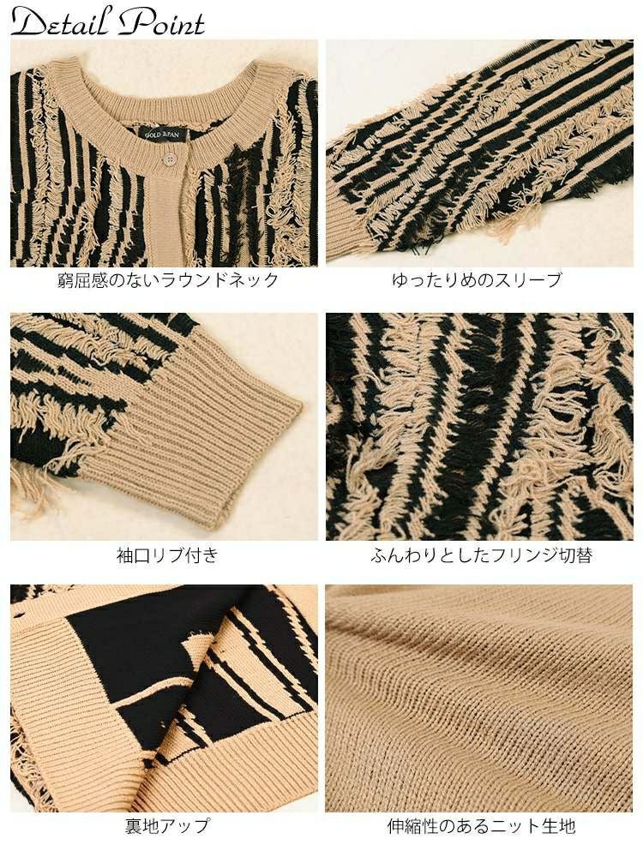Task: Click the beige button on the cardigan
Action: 169,158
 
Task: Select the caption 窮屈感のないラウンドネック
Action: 164,280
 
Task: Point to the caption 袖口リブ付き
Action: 167,555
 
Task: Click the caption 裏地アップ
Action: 167,826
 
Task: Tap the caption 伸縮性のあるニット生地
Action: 481,826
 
